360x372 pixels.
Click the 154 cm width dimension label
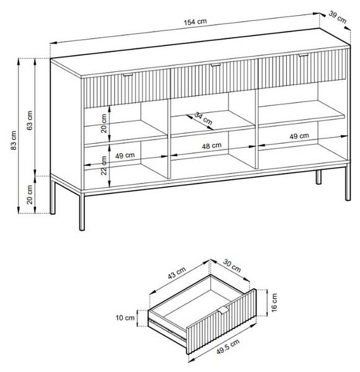pos(195,22)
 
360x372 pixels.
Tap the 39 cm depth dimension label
pos(337,17)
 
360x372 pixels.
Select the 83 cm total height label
pos(14,140)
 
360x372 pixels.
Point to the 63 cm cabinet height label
pos(30,120)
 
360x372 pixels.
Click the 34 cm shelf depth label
pos(203,118)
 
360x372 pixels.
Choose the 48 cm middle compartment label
pos(211,146)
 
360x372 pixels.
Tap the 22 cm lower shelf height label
pos(104,166)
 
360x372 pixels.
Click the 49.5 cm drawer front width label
pos(228,347)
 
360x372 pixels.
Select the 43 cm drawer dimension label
pos(177,273)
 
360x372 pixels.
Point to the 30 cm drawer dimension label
pos(232,266)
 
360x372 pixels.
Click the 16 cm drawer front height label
pos(274,303)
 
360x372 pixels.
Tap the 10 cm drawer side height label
pos(125,317)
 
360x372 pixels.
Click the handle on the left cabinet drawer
pos(128,75)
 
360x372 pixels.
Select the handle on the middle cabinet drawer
pos(216,64)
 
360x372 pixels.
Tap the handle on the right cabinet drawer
pos(304,55)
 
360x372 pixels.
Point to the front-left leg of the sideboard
pos(82,211)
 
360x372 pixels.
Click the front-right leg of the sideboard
pos(348,183)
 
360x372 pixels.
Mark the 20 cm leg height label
pos(30,195)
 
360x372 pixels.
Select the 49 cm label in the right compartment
pos(299,136)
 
